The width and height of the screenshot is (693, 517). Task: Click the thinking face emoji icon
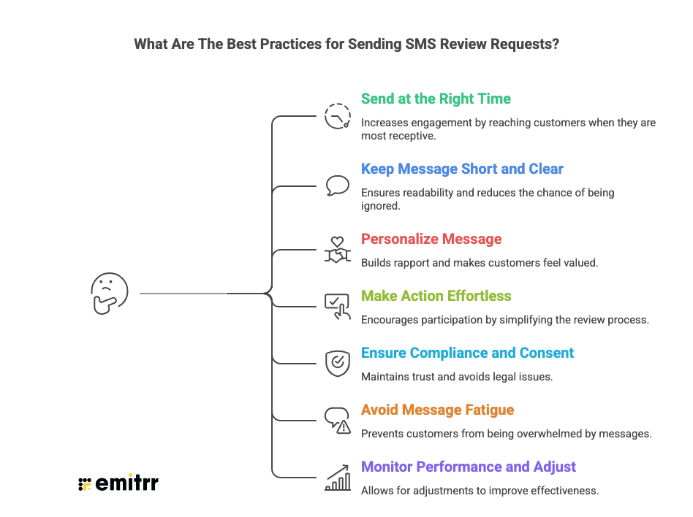[109, 294]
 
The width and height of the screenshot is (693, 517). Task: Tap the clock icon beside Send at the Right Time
[338, 116]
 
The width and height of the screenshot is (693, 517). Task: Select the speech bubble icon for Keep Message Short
[337, 185]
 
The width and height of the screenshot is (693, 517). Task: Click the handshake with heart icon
[337, 249]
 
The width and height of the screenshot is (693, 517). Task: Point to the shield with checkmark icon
[337, 363]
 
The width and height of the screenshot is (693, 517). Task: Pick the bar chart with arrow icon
[337, 477]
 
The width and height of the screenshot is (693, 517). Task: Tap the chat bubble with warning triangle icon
[338, 421]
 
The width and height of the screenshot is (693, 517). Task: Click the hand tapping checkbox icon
[337, 306]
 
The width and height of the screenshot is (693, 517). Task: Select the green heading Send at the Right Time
[436, 99]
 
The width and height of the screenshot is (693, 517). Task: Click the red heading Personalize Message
[431, 239]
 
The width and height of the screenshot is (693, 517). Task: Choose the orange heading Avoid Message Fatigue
[438, 410]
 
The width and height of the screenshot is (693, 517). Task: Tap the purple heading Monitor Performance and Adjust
[469, 467]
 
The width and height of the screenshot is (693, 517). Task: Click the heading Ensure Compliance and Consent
[467, 353]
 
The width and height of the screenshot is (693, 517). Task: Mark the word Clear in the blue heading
[545, 169]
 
